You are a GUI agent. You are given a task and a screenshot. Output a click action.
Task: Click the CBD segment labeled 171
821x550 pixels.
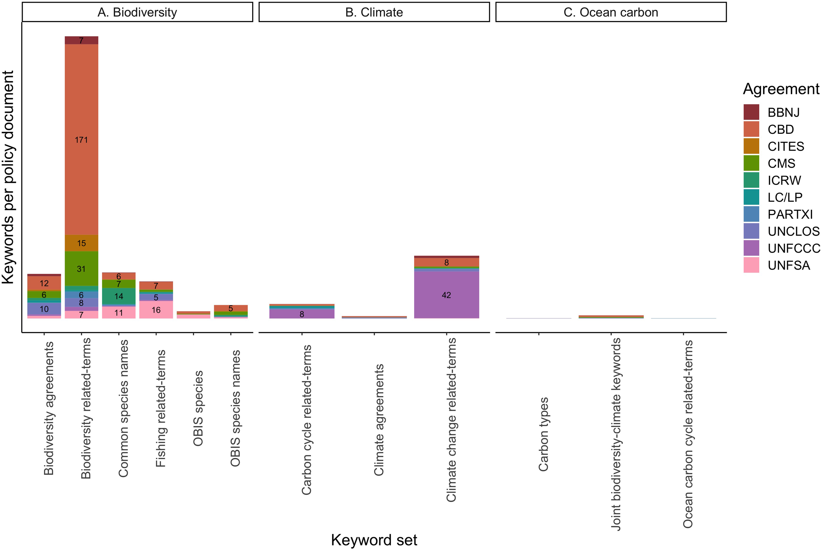[81, 140]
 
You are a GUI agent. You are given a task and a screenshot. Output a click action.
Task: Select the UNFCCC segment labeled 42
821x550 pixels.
[446, 295]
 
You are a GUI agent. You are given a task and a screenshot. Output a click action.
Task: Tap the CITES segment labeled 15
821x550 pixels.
[81, 243]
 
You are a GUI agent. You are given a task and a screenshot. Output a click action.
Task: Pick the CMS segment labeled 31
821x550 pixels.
[81, 269]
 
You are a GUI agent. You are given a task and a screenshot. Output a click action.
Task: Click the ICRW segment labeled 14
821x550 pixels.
[119, 296]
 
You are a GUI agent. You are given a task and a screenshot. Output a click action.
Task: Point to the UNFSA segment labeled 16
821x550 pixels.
[156, 310]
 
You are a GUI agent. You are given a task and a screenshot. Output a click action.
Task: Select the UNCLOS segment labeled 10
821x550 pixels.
[44, 309]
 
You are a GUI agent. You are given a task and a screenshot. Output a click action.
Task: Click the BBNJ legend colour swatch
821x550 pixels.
[751, 112]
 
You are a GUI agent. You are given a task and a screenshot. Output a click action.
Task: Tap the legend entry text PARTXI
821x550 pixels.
[790, 214]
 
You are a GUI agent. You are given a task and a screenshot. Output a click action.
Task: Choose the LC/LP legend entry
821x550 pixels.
[785, 197]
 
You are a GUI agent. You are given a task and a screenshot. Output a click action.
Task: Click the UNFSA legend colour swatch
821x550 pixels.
[751, 265]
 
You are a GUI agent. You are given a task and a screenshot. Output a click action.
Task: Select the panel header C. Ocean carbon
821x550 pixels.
[610, 12]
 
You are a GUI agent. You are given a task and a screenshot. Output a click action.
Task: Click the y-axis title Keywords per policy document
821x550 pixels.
[8, 177]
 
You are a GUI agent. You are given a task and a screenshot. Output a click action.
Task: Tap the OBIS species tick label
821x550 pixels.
[198, 408]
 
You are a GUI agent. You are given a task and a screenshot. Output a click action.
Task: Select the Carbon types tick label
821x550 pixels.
[543, 434]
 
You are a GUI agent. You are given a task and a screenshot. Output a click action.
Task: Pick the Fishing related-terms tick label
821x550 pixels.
[161, 408]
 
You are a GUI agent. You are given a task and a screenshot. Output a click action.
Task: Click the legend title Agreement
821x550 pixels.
[781, 89]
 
